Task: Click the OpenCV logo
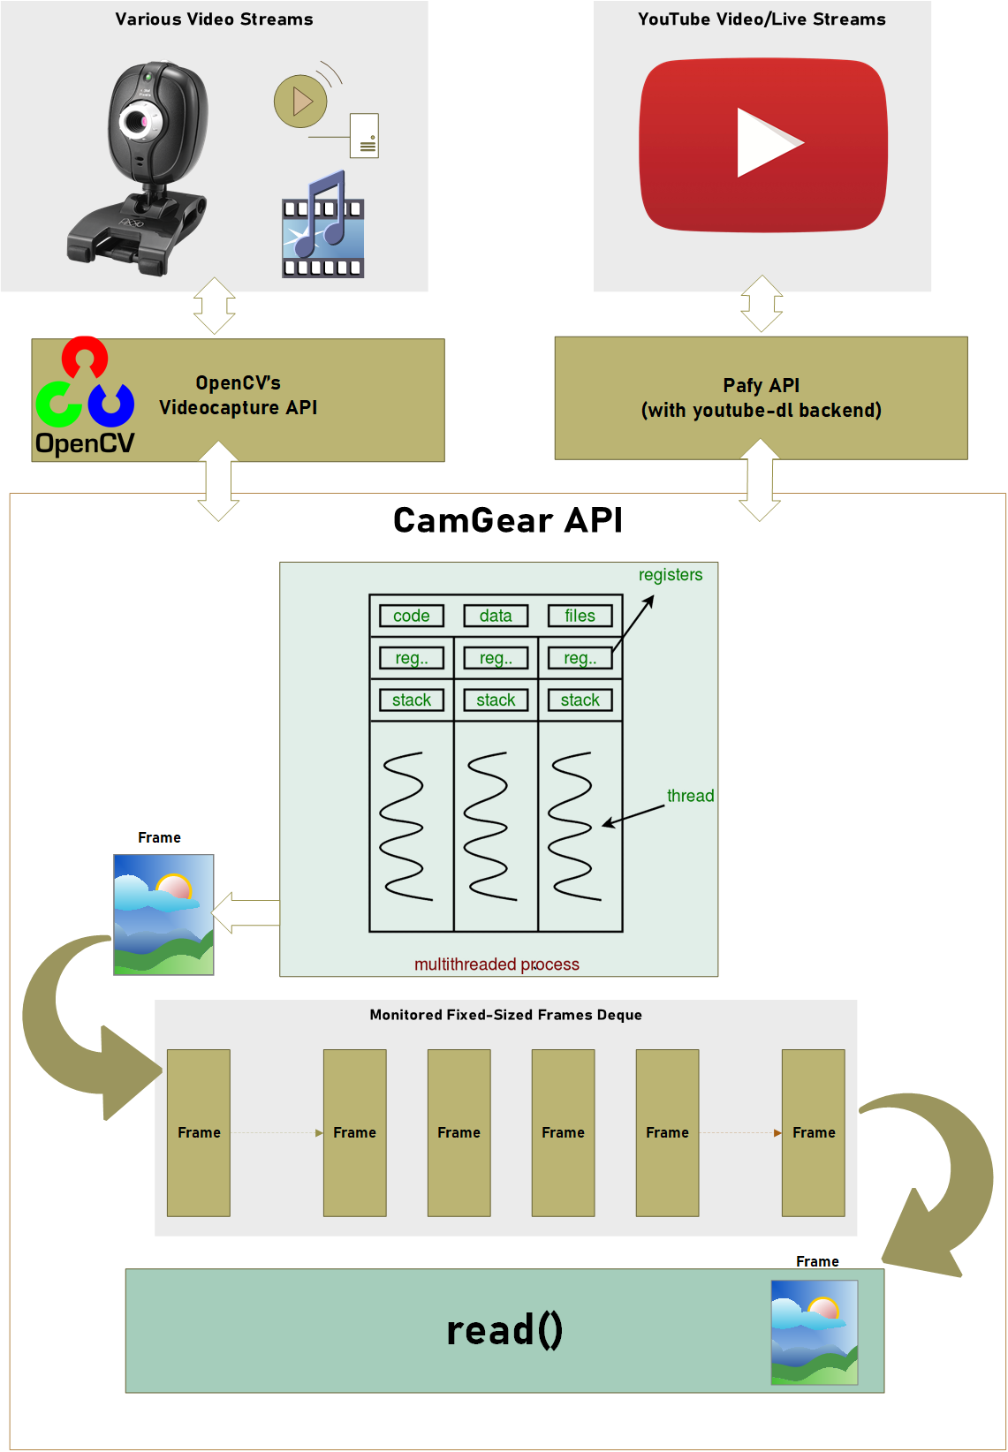pyautogui.click(x=85, y=397)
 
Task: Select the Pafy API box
pyautogui.click(x=761, y=397)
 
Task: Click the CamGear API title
pyautogui.click(x=507, y=520)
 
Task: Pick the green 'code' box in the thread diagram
pyautogui.click(x=412, y=616)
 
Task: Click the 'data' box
pyautogui.click(x=496, y=616)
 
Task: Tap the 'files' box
pyautogui.click(x=580, y=616)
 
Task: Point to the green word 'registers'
pyautogui.click(x=671, y=575)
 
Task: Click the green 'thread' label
pyautogui.click(x=690, y=796)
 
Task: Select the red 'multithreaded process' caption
pyautogui.click(x=496, y=964)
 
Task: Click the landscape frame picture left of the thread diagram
pyautogui.click(x=163, y=914)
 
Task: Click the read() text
pyautogui.click(x=504, y=1330)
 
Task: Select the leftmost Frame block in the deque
pyautogui.click(x=199, y=1132)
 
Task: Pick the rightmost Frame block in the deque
pyautogui.click(x=813, y=1132)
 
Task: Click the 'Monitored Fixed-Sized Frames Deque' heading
pyautogui.click(x=505, y=1015)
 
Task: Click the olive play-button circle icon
pyautogui.click(x=300, y=102)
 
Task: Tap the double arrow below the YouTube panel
pyautogui.click(x=761, y=303)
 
